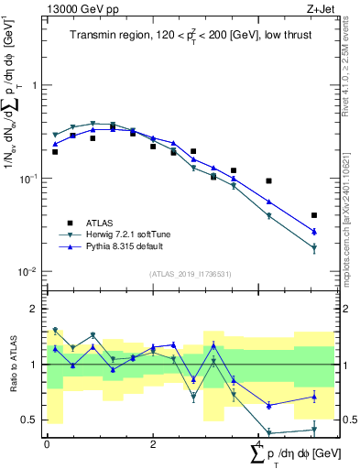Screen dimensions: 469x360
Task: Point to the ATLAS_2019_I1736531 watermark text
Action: [x=189, y=274]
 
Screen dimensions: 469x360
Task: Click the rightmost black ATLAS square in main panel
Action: [x=314, y=215]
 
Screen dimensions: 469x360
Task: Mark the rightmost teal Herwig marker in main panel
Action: [x=314, y=248]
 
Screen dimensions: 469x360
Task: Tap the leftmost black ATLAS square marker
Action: [x=55, y=152]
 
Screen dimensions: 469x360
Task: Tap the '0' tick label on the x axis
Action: [x=47, y=443]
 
